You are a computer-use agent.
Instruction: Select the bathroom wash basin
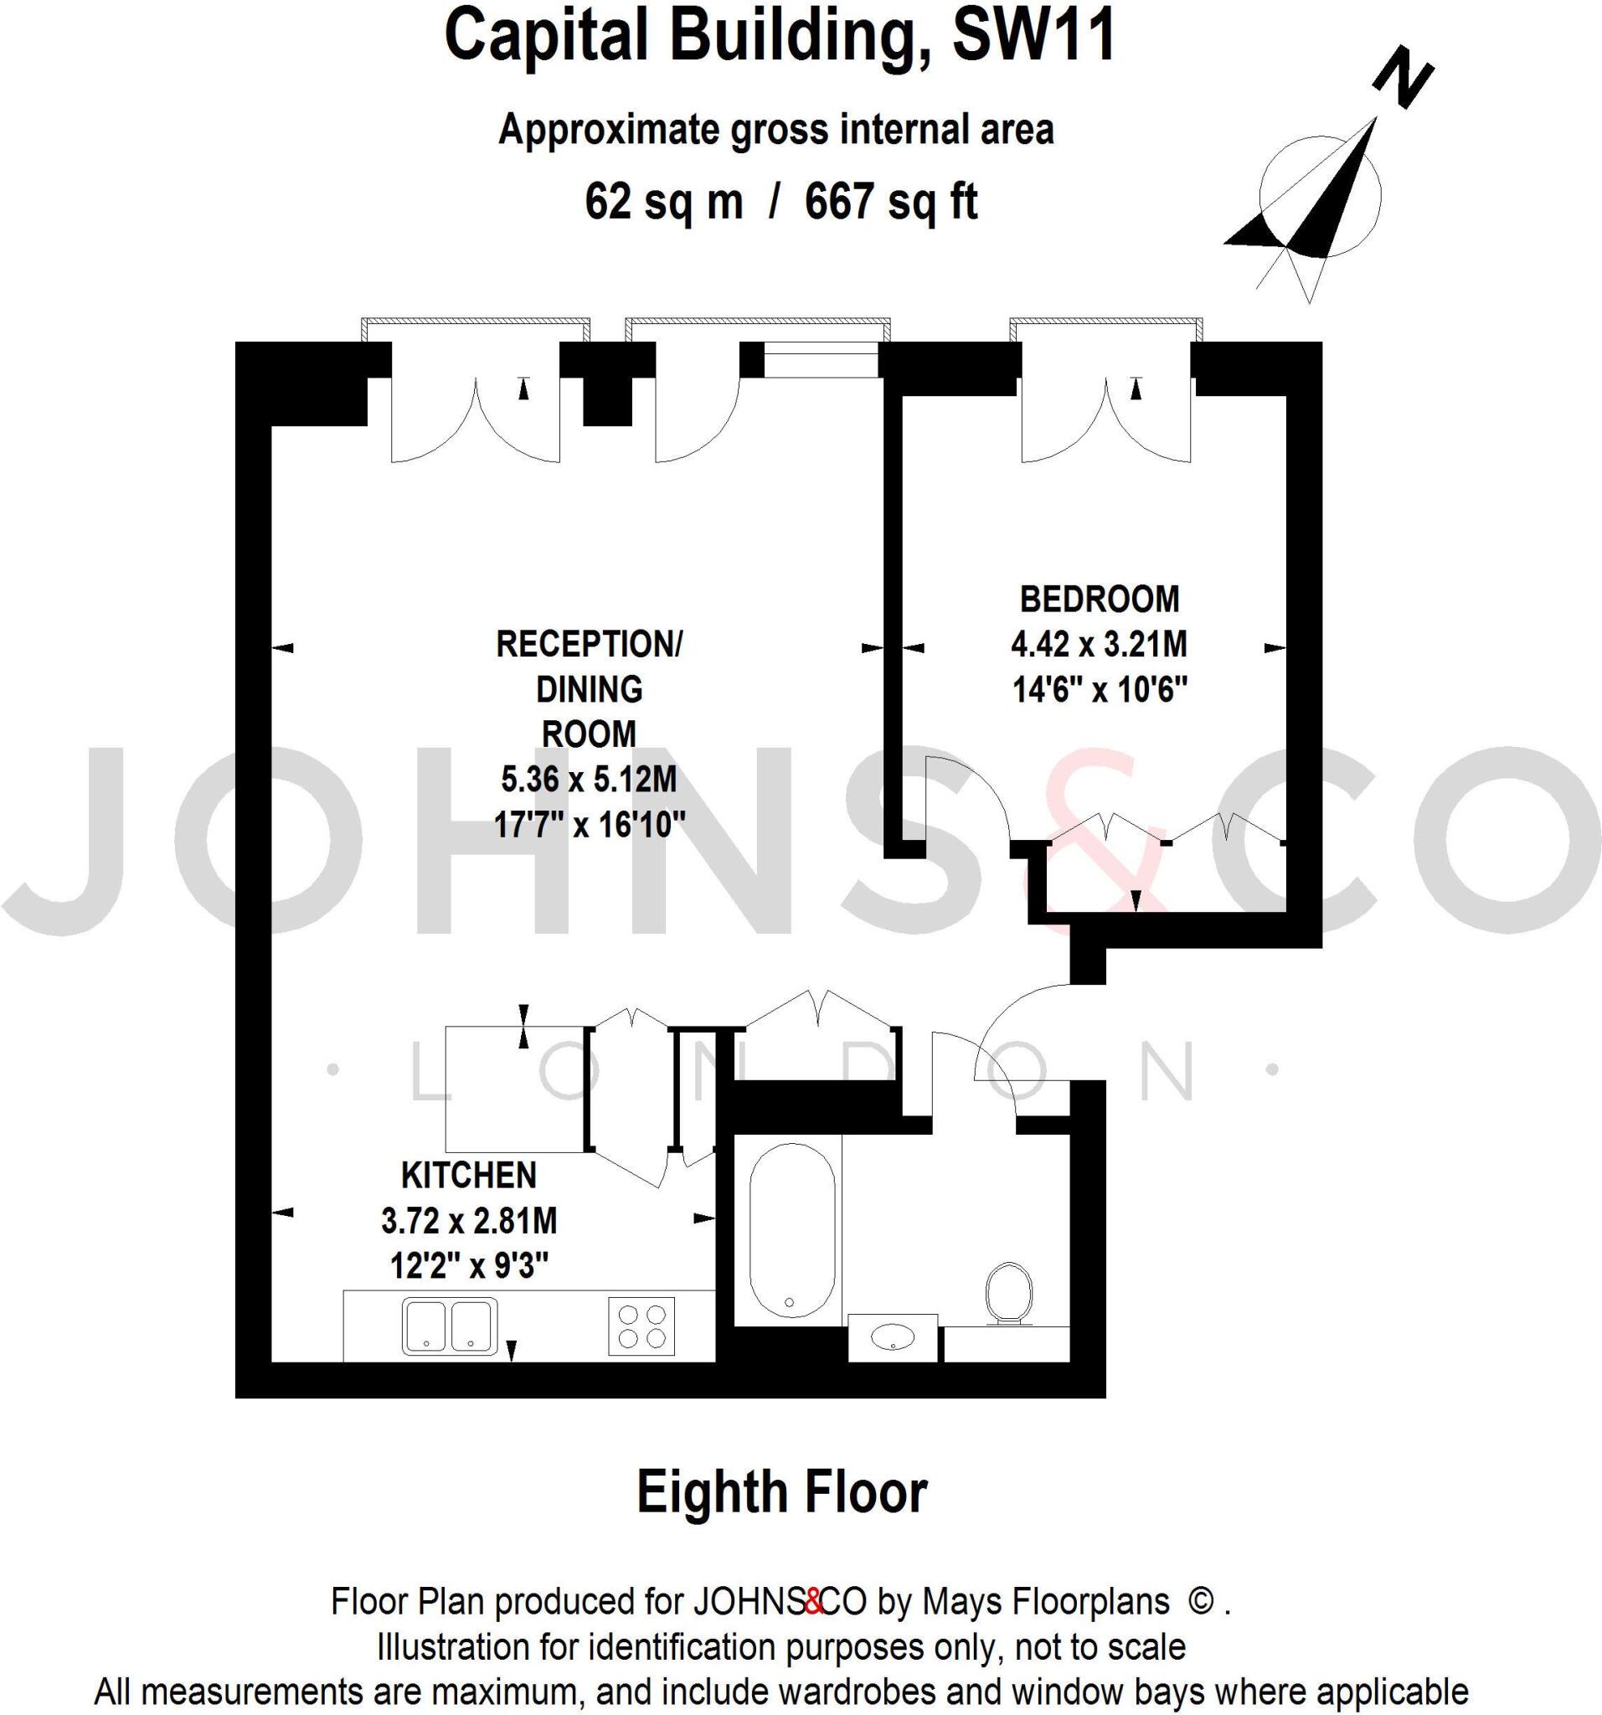click(x=893, y=1338)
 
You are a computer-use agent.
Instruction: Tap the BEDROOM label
click(x=1099, y=599)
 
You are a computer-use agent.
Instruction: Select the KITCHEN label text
click(x=468, y=1176)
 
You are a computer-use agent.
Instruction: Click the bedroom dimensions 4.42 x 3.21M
click(x=1099, y=645)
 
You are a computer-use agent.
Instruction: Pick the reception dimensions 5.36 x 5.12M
click(x=589, y=780)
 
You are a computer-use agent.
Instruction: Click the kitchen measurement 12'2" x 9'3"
click(x=469, y=1266)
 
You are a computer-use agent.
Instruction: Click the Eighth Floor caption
click(x=781, y=1492)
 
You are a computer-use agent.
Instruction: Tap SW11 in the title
click(x=1033, y=36)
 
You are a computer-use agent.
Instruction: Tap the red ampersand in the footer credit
click(x=813, y=1602)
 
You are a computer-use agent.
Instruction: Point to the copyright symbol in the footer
click(x=1199, y=1601)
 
